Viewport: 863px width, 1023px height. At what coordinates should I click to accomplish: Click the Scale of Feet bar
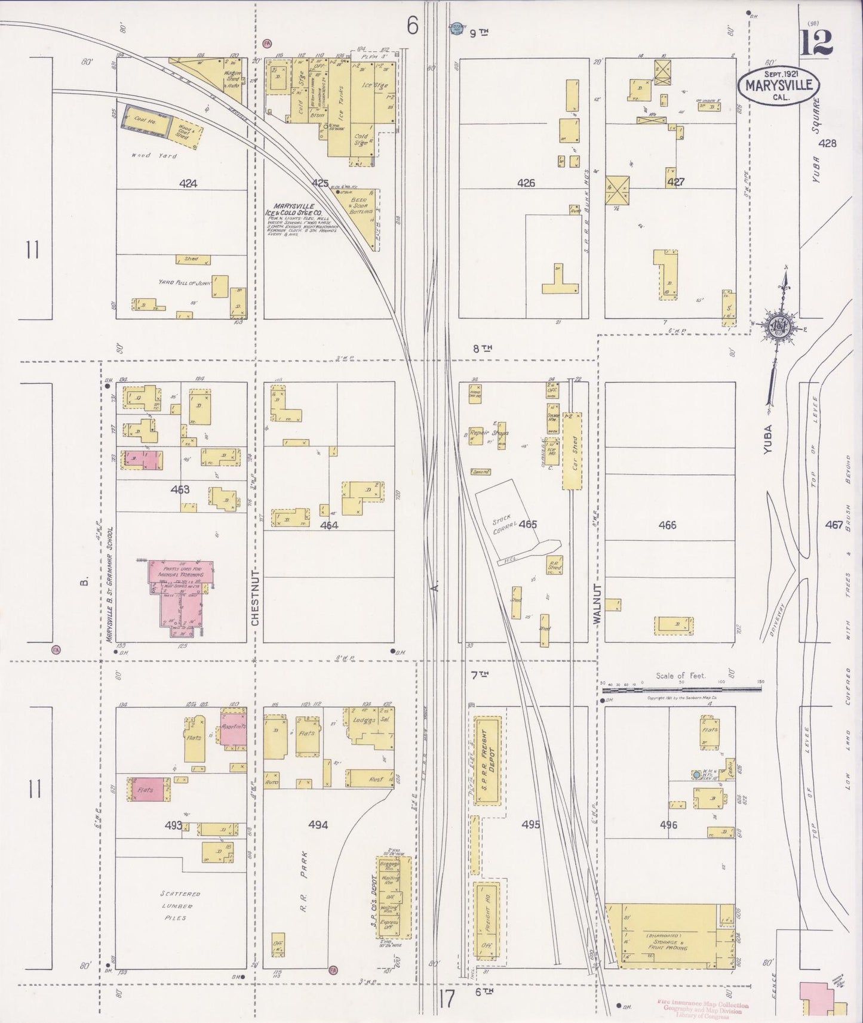681,689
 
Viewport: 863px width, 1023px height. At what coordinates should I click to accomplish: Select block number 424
188,184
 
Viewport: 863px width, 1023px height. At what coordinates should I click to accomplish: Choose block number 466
667,525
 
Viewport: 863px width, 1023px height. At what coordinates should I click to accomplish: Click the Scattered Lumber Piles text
180,905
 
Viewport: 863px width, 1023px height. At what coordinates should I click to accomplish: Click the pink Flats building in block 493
146,790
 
